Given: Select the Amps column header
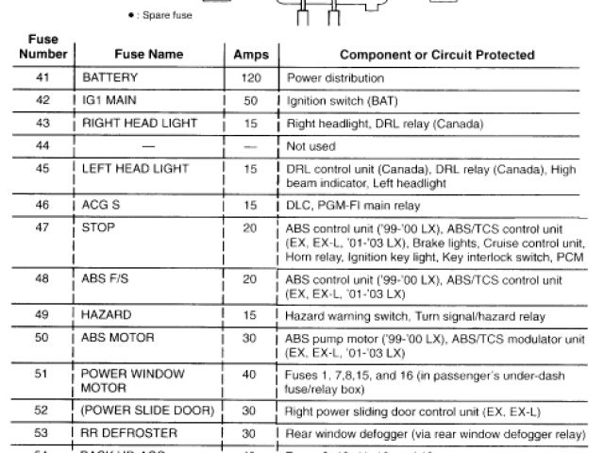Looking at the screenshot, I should [x=249, y=56].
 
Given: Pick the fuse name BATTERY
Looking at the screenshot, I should [x=110, y=78].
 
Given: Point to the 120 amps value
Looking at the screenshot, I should [x=249, y=78].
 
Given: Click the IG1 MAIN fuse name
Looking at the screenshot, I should [x=112, y=101].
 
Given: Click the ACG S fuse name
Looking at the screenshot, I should [x=104, y=204].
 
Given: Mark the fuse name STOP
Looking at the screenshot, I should [x=98, y=227].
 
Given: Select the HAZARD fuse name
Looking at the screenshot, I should [x=107, y=313].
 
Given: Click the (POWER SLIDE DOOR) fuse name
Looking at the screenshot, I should [x=147, y=411].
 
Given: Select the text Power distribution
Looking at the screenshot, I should [x=334, y=78].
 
